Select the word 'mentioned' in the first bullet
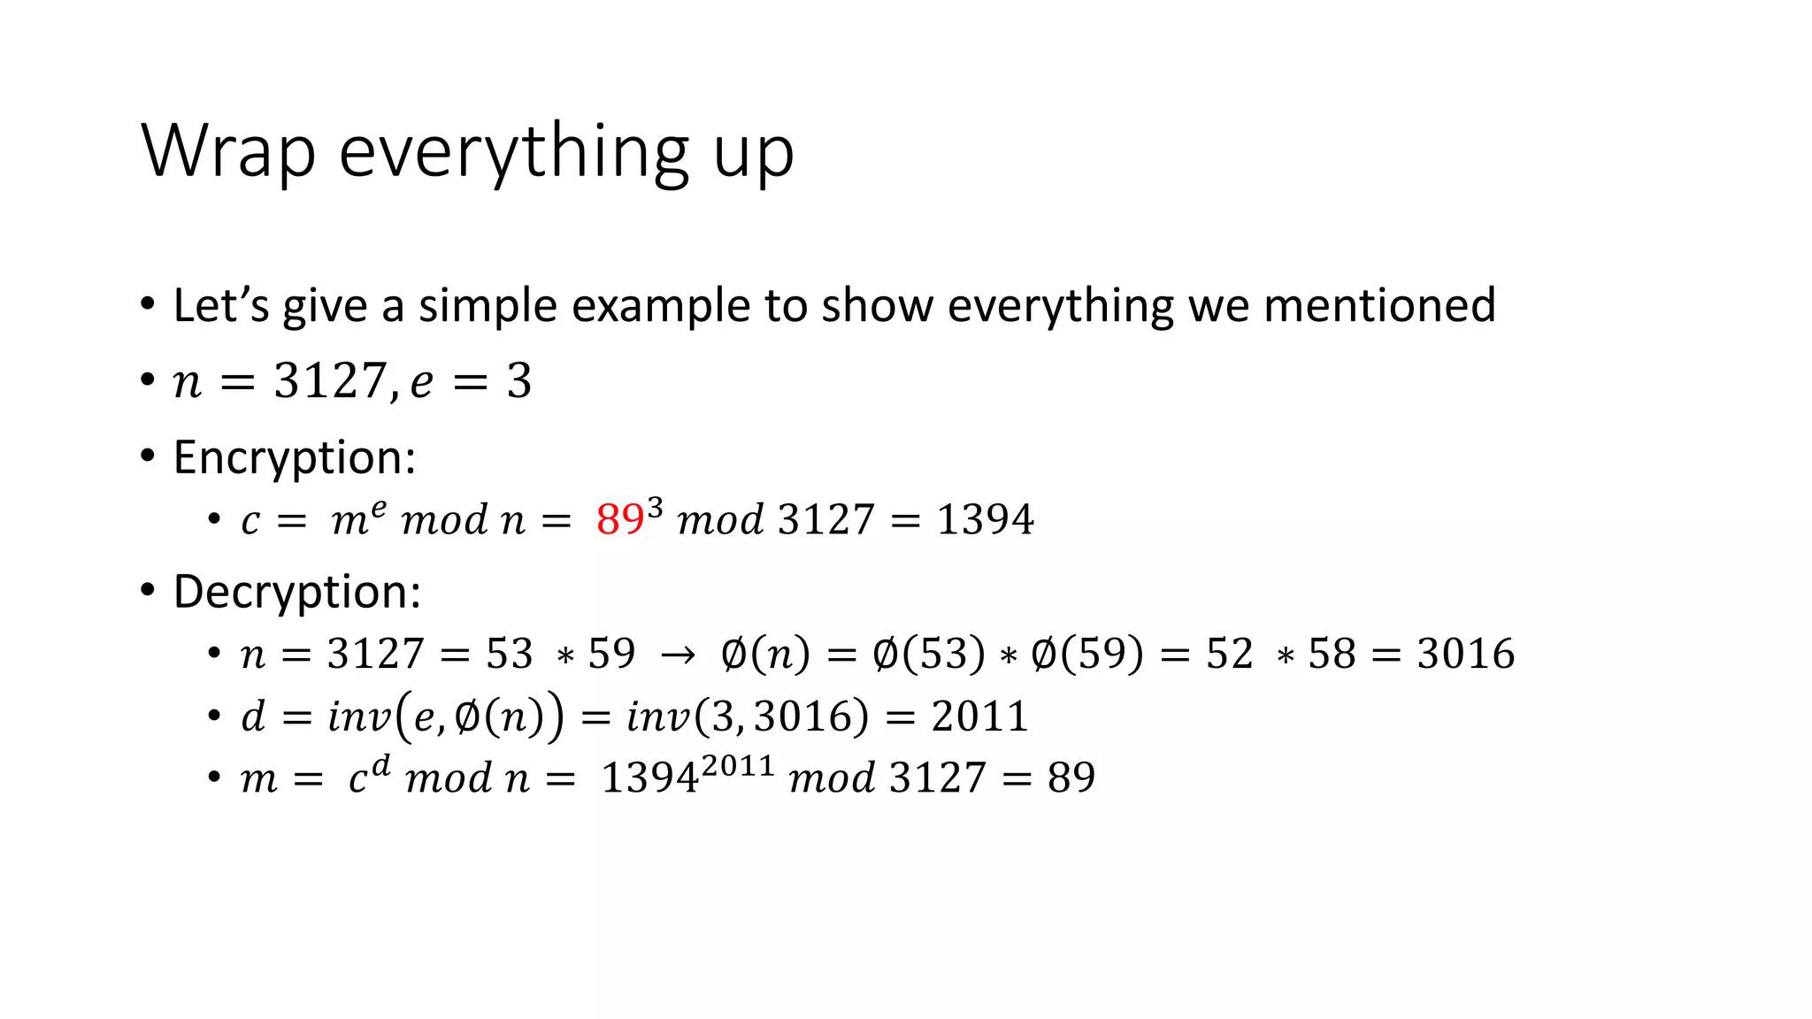1379,305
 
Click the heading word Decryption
297,592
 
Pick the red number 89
619,520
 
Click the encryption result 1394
985,519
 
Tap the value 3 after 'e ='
519,382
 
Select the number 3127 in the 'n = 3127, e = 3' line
328,382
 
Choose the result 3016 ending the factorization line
1465,655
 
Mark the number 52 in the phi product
1229,655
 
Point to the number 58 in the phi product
1332,655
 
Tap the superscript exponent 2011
738,764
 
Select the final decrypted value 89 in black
1071,778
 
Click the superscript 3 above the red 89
655,507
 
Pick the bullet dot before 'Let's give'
148,305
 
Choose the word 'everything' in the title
514,152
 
